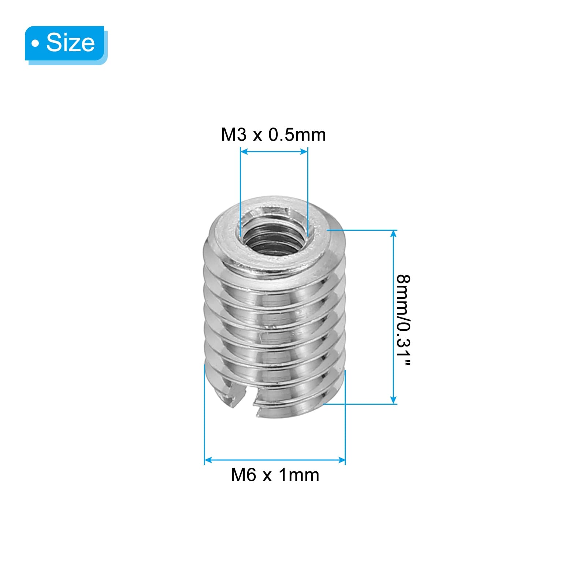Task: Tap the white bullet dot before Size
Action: pos(35,44)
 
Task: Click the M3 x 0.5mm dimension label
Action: pos(274,135)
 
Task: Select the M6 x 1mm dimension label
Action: pos(275,475)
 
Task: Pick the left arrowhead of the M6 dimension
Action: pos(208,460)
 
